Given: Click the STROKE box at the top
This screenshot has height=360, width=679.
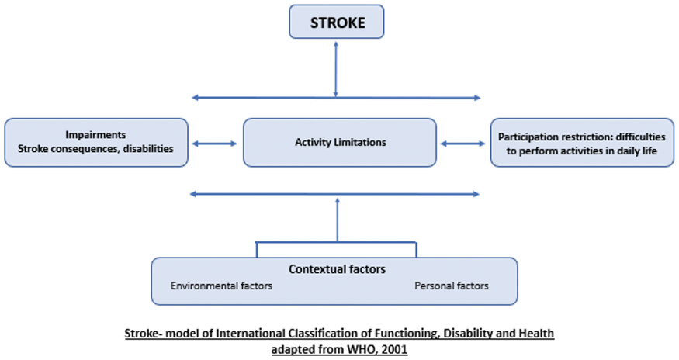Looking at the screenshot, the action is (337, 22).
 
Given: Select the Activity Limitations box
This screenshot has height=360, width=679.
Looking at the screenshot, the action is (340, 143).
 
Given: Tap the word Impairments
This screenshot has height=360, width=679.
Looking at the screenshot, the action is (95, 135).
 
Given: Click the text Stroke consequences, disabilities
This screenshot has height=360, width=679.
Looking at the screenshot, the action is (95, 149).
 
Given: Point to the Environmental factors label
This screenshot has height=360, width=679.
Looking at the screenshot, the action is (221, 286).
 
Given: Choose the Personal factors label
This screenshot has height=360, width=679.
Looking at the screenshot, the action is (452, 286).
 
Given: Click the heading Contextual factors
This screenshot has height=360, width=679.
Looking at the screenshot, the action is (337, 269).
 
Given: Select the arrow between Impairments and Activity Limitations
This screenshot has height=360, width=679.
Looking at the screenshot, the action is (215, 144).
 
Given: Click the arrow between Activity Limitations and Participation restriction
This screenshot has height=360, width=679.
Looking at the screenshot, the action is (463, 144).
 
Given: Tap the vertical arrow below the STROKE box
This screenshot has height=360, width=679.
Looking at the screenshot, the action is (335, 69).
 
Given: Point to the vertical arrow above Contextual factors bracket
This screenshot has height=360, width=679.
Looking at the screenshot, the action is (338, 220).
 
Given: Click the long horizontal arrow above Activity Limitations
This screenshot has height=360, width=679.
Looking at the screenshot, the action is (337, 98).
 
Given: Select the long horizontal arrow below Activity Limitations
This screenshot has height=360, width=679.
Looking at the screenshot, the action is (334, 194).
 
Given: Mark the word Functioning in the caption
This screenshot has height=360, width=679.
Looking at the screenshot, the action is (401, 334).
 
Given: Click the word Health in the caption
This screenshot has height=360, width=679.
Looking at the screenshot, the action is (536, 334).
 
